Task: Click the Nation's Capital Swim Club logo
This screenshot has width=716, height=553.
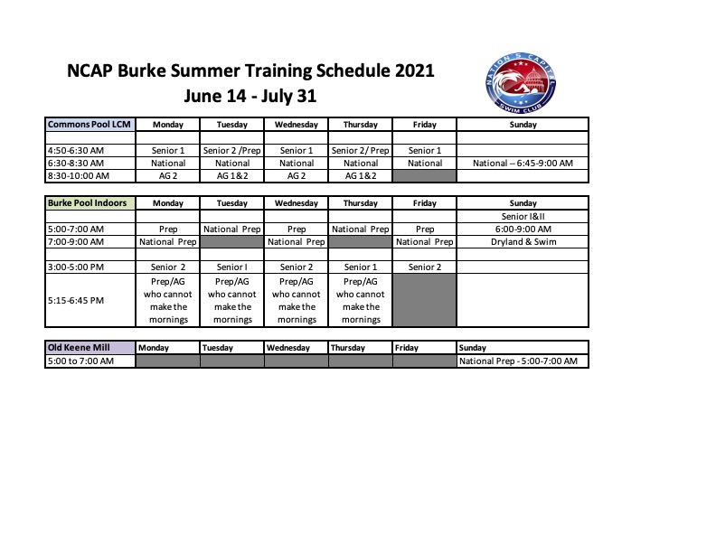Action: [521, 82]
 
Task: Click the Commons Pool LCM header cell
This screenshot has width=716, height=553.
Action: [90, 125]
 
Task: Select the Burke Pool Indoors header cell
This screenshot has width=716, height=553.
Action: [90, 203]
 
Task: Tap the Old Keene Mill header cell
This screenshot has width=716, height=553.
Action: [90, 347]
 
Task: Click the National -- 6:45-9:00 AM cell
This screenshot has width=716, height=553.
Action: [523, 164]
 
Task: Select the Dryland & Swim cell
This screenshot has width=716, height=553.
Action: [523, 242]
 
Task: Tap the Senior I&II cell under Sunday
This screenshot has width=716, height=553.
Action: [523, 216]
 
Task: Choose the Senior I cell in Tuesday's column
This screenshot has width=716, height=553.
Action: [232, 267]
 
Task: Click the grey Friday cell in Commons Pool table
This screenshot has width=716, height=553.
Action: [425, 176]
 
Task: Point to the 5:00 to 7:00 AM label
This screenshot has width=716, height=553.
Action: [80, 361]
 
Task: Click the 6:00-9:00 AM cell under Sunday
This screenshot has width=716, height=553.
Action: [523, 229]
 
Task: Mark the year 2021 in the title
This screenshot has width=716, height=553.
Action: [414, 70]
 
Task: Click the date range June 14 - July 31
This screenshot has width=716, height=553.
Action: [250, 96]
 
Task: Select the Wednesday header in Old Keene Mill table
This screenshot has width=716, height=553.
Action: [288, 348]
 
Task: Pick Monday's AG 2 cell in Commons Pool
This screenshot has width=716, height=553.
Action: [168, 176]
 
